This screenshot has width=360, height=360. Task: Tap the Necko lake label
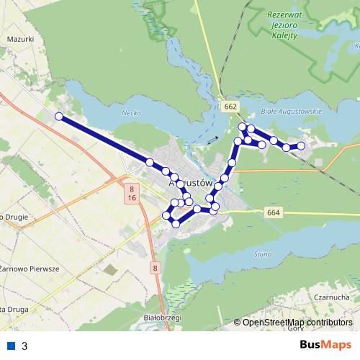click(130, 114)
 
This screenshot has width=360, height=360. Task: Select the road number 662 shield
click(230, 107)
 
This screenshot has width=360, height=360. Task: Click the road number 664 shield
click(272, 212)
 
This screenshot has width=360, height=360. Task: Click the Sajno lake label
click(262, 254)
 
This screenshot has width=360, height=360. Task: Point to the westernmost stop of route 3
click(59, 116)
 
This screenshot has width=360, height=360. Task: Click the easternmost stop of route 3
click(302, 146)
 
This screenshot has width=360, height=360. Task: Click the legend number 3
click(24, 346)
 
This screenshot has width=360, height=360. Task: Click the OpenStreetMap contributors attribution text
click(297, 323)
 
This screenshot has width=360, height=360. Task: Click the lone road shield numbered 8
click(155, 269)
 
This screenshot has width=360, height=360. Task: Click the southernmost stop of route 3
click(176, 224)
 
